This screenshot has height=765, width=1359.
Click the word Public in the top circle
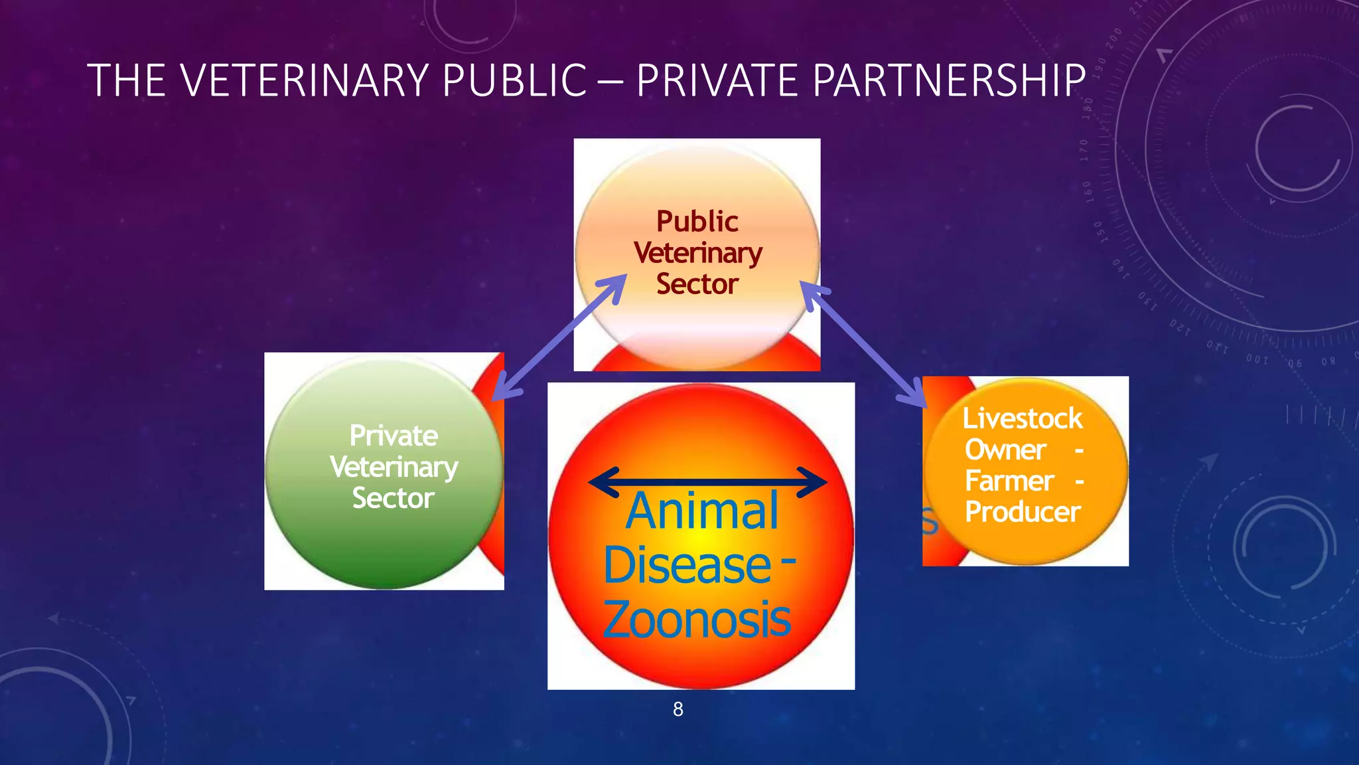[x=697, y=222]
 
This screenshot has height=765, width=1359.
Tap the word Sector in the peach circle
[x=697, y=284]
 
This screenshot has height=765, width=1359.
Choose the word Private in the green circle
[x=393, y=436]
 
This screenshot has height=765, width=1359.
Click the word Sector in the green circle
[x=393, y=498]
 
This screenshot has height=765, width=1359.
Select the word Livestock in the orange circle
[x=1023, y=418]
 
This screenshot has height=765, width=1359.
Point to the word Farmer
[x=1009, y=481]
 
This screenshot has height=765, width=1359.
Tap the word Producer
[x=1023, y=512]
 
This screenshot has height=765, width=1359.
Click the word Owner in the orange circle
[x=1005, y=450]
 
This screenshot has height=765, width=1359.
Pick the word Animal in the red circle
[x=702, y=511]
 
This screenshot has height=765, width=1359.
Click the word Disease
[x=687, y=566]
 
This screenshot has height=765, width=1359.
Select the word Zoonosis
[x=697, y=620]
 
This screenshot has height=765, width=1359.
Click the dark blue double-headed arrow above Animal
[x=707, y=481]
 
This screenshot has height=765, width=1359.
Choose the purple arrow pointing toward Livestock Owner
[x=863, y=344]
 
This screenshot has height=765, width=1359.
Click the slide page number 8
[x=678, y=709]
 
